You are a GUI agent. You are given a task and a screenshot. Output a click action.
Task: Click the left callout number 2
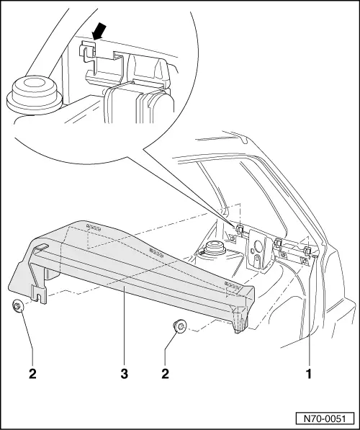click(30, 375)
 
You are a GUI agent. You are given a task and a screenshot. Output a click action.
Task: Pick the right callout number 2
click(166, 375)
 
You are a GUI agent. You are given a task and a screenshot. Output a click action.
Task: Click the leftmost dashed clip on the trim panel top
click(92, 226)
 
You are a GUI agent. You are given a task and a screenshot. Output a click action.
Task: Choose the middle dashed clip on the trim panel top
click(155, 252)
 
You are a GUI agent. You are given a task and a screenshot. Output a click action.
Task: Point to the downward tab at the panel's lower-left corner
click(37, 291)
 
